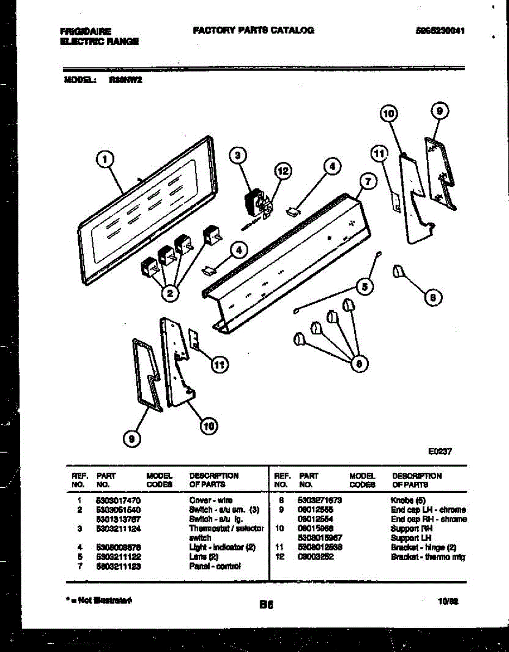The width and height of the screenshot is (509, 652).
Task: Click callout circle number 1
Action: (105, 159)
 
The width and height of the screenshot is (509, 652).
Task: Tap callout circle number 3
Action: (236, 156)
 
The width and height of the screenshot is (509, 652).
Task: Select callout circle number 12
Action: (282, 171)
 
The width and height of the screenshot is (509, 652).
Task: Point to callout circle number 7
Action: (367, 182)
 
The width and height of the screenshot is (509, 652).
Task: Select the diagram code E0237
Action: (440, 451)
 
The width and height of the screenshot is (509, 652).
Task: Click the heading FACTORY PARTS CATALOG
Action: (253, 30)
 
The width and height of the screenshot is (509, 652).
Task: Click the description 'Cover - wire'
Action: (211, 500)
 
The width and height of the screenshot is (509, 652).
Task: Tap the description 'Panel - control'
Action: (215, 566)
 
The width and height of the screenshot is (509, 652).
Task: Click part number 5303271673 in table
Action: (320, 500)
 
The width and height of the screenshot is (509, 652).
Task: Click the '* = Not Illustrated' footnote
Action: (98, 600)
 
